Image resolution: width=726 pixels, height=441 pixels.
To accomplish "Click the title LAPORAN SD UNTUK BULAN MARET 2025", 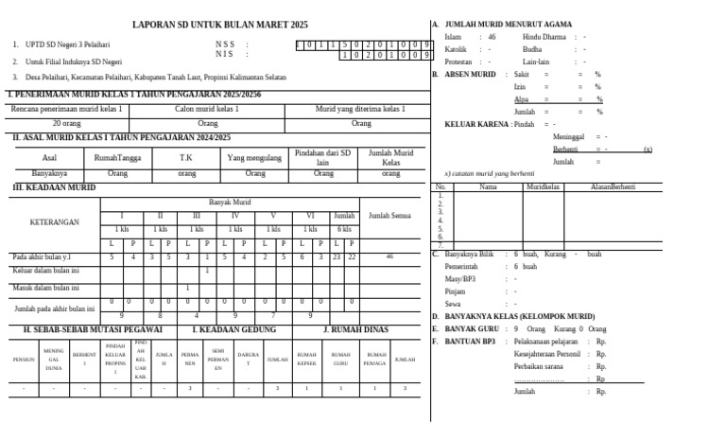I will (219, 25).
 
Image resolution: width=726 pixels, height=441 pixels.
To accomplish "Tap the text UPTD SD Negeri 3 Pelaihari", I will (67, 44).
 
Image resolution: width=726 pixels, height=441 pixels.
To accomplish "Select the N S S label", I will (226, 44).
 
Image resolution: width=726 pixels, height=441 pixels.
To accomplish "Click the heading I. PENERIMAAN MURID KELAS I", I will (134, 96).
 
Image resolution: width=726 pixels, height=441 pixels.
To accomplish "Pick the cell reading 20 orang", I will (66, 123).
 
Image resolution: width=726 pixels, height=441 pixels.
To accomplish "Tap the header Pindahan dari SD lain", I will (322, 158).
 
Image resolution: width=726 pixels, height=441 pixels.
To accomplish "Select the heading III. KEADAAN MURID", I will (54, 188).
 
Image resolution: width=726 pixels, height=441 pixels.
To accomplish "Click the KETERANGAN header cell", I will (55, 222).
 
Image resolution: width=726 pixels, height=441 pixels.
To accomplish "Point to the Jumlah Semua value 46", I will (389, 256).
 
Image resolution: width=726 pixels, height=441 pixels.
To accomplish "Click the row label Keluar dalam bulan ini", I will (44, 271).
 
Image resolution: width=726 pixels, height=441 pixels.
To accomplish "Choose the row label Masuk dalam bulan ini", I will (44, 288).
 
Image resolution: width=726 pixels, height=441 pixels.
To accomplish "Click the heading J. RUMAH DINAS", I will (355, 329).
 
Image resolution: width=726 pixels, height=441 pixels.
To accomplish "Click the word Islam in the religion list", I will (454, 36).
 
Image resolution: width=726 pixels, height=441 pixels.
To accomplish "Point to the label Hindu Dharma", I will (544, 36).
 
